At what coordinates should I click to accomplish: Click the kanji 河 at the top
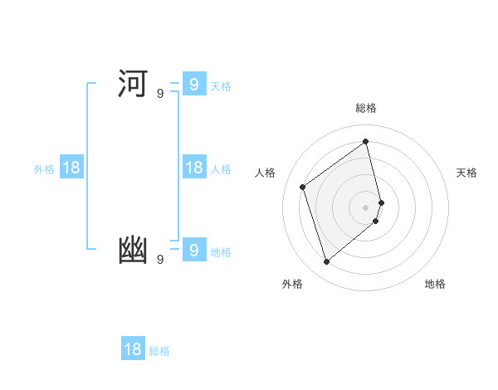click(x=133, y=85)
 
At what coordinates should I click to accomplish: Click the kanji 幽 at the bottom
click(x=133, y=251)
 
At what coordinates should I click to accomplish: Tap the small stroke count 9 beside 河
click(x=160, y=94)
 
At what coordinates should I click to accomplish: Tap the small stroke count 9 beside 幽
click(x=160, y=260)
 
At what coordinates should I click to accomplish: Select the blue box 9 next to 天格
click(x=193, y=85)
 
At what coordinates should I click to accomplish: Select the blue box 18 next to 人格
click(x=193, y=168)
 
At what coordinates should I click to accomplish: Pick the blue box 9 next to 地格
click(x=193, y=250)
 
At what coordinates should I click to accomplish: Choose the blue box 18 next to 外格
click(x=71, y=168)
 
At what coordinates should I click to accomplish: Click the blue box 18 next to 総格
click(x=133, y=349)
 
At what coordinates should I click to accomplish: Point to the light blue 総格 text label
click(x=159, y=351)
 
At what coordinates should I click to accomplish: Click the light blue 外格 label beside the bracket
click(x=44, y=169)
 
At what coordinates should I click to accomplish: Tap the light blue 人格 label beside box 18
click(x=221, y=169)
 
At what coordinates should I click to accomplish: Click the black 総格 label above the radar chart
click(x=366, y=108)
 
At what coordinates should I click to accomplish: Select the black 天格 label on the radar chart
click(x=466, y=173)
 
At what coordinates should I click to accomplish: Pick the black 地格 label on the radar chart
click(x=435, y=284)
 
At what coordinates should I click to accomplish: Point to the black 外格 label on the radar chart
click(x=292, y=284)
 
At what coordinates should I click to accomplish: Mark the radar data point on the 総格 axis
click(x=366, y=141)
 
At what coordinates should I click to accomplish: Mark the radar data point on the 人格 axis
click(x=303, y=187)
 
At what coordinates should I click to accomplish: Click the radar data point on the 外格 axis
click(x=327, y=262)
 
